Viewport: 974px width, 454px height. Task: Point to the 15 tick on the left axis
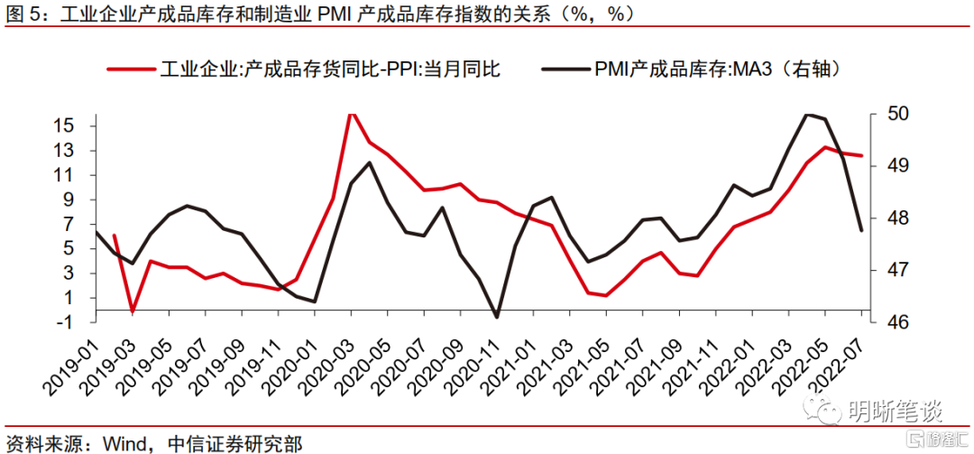click(62, 125)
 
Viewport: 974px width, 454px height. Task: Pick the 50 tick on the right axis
click(883, 114)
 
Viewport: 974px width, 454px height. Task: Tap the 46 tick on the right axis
click(883, 322)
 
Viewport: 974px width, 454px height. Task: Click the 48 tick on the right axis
click(883, 218)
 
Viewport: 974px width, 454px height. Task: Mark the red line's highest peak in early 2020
click(352, 113)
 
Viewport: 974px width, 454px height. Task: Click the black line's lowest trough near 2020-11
click(497, 317)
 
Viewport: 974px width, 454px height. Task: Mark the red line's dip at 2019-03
click(133, 311)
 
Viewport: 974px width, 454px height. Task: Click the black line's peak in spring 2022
click(809, 114)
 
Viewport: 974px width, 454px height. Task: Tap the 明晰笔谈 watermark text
click(894, 412)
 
